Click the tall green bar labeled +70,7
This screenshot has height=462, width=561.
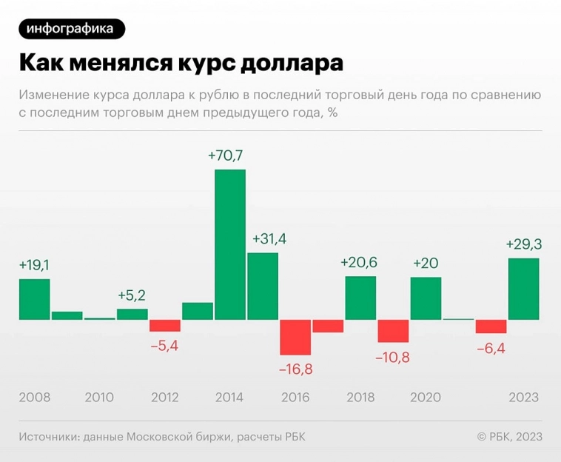point(230,245)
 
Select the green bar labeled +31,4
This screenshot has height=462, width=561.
point(263,287)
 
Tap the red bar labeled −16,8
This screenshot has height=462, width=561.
point(295,337)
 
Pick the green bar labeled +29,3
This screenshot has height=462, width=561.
point(523,289)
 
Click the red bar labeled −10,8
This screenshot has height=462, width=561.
point(393,331)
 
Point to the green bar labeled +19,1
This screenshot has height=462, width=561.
point(34,299)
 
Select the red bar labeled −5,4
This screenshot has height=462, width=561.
point(165,326)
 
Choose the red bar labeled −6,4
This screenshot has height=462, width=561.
point(491,327)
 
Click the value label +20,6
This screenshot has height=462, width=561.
point(359,262)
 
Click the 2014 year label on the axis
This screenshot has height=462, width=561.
point(229,398)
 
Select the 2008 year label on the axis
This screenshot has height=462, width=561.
point(34,398)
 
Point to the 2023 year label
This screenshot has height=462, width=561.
point(523,398)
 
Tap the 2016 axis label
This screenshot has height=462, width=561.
point(295,398)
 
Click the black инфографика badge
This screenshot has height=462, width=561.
point(72,29)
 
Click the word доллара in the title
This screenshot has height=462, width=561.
point(292,63)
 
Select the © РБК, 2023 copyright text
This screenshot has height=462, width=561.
point(510,437)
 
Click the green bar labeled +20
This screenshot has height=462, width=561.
point(426,298)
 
